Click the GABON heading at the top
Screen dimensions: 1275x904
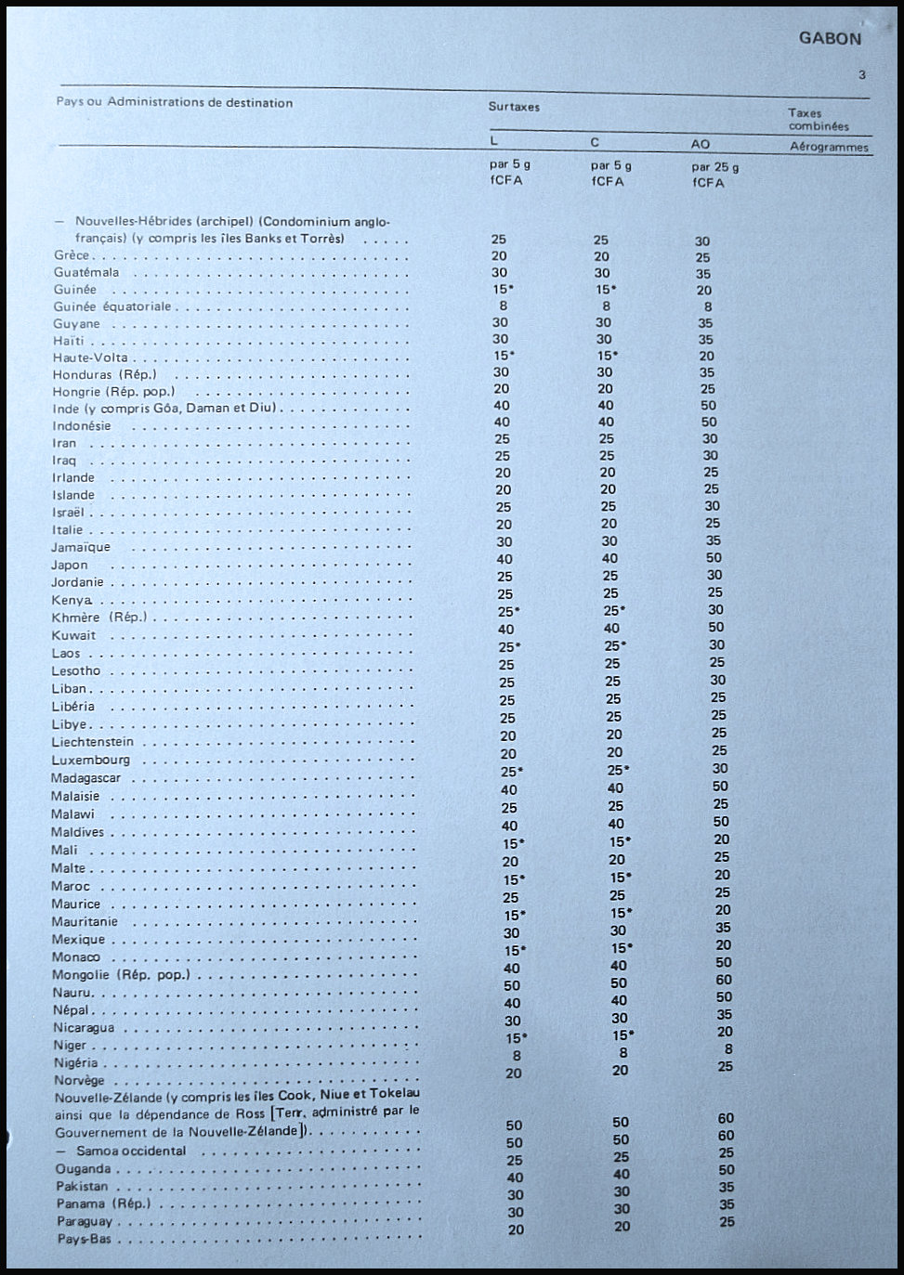[830, 39]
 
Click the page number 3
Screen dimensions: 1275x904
[862, 75]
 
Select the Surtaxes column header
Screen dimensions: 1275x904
[514, 107]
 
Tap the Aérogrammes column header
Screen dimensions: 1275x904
[829, 147]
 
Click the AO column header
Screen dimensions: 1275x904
[701, 144]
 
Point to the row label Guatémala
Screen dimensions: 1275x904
[86, 272]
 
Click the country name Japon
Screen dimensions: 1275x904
[70, 565]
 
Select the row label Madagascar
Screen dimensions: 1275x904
[85, 777]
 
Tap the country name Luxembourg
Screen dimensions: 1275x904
[91, 760]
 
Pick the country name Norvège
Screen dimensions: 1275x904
[79, 1080]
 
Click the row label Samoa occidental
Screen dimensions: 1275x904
[131, 1151]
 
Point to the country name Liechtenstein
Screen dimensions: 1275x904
[93, 742]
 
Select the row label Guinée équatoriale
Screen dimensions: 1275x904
[112, 306]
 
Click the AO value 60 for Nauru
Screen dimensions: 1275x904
[724, 980]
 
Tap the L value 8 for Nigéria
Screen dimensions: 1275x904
[517, 1056]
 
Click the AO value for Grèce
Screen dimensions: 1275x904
[702, 258]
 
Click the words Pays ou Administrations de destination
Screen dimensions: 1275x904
[175, 103]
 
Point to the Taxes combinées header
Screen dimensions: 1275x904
[819, 119]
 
